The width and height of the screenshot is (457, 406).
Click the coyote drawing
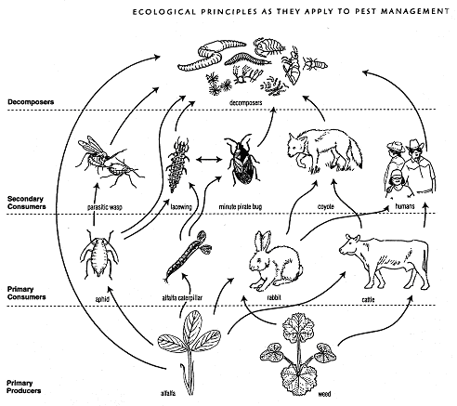coord(323,151)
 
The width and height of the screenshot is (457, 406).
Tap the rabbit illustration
coord(274,259)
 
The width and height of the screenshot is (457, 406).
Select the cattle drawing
coord(384,261)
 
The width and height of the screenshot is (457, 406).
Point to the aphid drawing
coord(99,254)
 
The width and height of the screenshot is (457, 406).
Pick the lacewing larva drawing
coord(177,164)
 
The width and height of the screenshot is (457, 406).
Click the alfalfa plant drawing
coord(189,350)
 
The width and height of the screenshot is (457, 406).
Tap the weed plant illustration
coord(298,353)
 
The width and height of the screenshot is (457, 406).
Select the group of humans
coord(411,168)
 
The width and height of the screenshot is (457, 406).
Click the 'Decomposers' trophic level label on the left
coord(31,102)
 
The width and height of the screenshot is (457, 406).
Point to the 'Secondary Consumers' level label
coord(26,203)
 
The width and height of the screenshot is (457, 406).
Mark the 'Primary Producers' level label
coord(23,386)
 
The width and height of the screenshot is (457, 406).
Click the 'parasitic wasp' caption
coord(105,207)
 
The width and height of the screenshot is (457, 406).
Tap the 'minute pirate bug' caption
coord(241,206)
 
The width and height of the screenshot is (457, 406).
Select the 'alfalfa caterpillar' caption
coord(182,298)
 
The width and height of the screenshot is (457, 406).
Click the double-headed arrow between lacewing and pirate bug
coord(209,160)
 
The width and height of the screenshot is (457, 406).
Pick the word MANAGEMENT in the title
coord(415,11)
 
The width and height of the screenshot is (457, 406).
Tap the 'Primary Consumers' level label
coord(26,293)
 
